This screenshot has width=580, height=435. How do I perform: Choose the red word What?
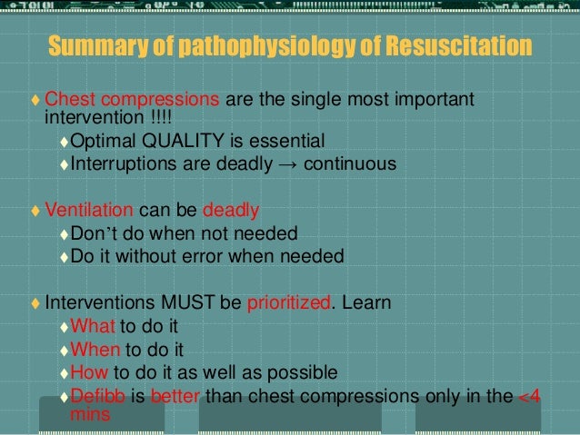pyautogui.click(x=91, y=326)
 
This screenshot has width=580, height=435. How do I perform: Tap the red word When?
pyautogui.click(x=94, y=350)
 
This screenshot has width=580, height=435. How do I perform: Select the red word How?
pyautogui.click(x=88, y=372)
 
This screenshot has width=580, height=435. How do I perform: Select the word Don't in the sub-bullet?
pyautogui.click(x=91, y=233)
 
